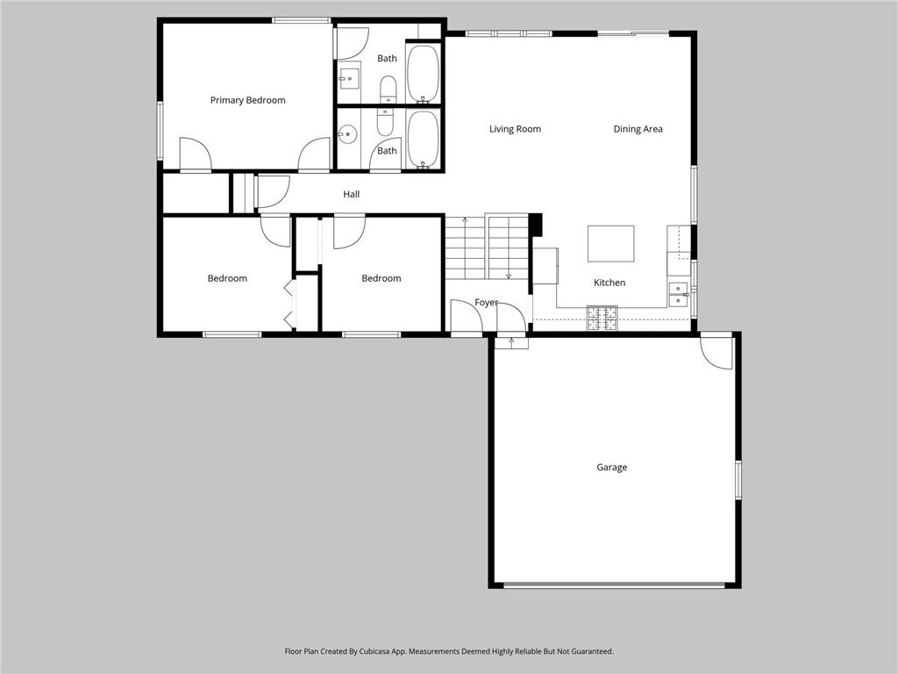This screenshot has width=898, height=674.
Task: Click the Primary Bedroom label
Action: (x=247, y=100)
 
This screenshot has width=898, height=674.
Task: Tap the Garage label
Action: (x=611, y=467)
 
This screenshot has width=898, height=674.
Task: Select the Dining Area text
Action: (x=638, y=129)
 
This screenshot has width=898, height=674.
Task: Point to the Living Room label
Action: (x=515, y=129)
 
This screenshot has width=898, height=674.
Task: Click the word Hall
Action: (x=351, y=194)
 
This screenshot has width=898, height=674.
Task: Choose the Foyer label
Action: (x=486, y=302)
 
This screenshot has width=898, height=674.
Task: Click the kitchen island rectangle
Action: (x=610, y=244)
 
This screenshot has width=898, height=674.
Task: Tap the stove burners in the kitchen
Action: (x=602, y=319)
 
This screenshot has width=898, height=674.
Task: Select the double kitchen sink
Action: (x=679, y=294)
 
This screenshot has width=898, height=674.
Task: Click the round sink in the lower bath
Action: (x=347, y=135)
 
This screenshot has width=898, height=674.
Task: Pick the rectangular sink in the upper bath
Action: (x=348, y=78)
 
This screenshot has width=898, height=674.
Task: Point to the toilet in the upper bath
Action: (x=388, y=89)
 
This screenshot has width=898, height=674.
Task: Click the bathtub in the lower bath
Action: (x=424, y=140)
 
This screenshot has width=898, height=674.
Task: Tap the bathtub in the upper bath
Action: (x=424, y=74)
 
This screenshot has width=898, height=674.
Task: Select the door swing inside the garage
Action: (x=716, y=353)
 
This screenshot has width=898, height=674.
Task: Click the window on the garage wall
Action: (x=738, y=480)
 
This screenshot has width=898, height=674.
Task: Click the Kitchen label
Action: (x=609, y=283)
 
